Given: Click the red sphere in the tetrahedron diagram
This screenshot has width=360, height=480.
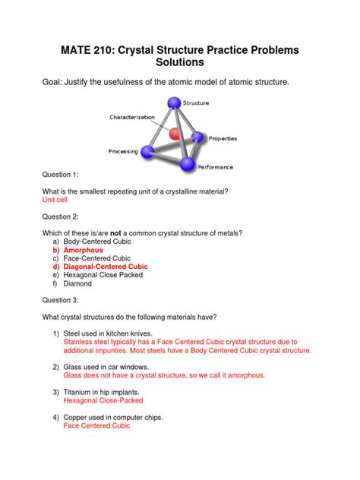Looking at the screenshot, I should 174,134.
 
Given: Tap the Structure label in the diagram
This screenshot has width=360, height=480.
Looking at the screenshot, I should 196,103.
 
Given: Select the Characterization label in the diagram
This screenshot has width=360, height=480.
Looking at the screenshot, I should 132,117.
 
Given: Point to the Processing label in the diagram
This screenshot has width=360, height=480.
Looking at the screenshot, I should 123,151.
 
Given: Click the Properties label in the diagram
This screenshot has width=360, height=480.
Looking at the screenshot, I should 223,138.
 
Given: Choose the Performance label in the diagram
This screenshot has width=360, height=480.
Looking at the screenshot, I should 216,166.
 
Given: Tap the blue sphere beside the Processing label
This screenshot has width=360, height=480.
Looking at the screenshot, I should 148,153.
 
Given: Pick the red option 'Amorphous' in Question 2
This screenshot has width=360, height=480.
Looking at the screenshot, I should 83,250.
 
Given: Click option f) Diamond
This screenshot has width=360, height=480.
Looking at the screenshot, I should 77,283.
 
